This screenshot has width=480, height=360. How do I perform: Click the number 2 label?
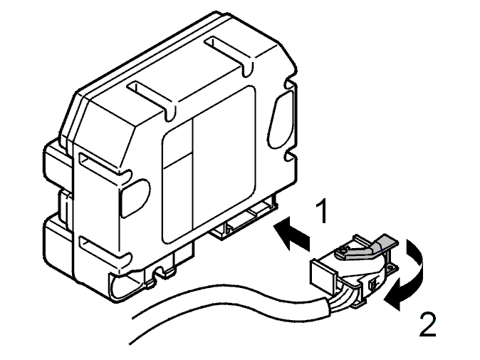427,324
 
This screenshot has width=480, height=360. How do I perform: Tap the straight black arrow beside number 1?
291,233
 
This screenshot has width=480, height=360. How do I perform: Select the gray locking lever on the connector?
367,247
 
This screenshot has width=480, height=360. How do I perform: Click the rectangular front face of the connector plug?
323,274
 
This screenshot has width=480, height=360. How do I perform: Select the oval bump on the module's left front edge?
135,197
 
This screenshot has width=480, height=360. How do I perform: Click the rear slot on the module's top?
228,55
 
